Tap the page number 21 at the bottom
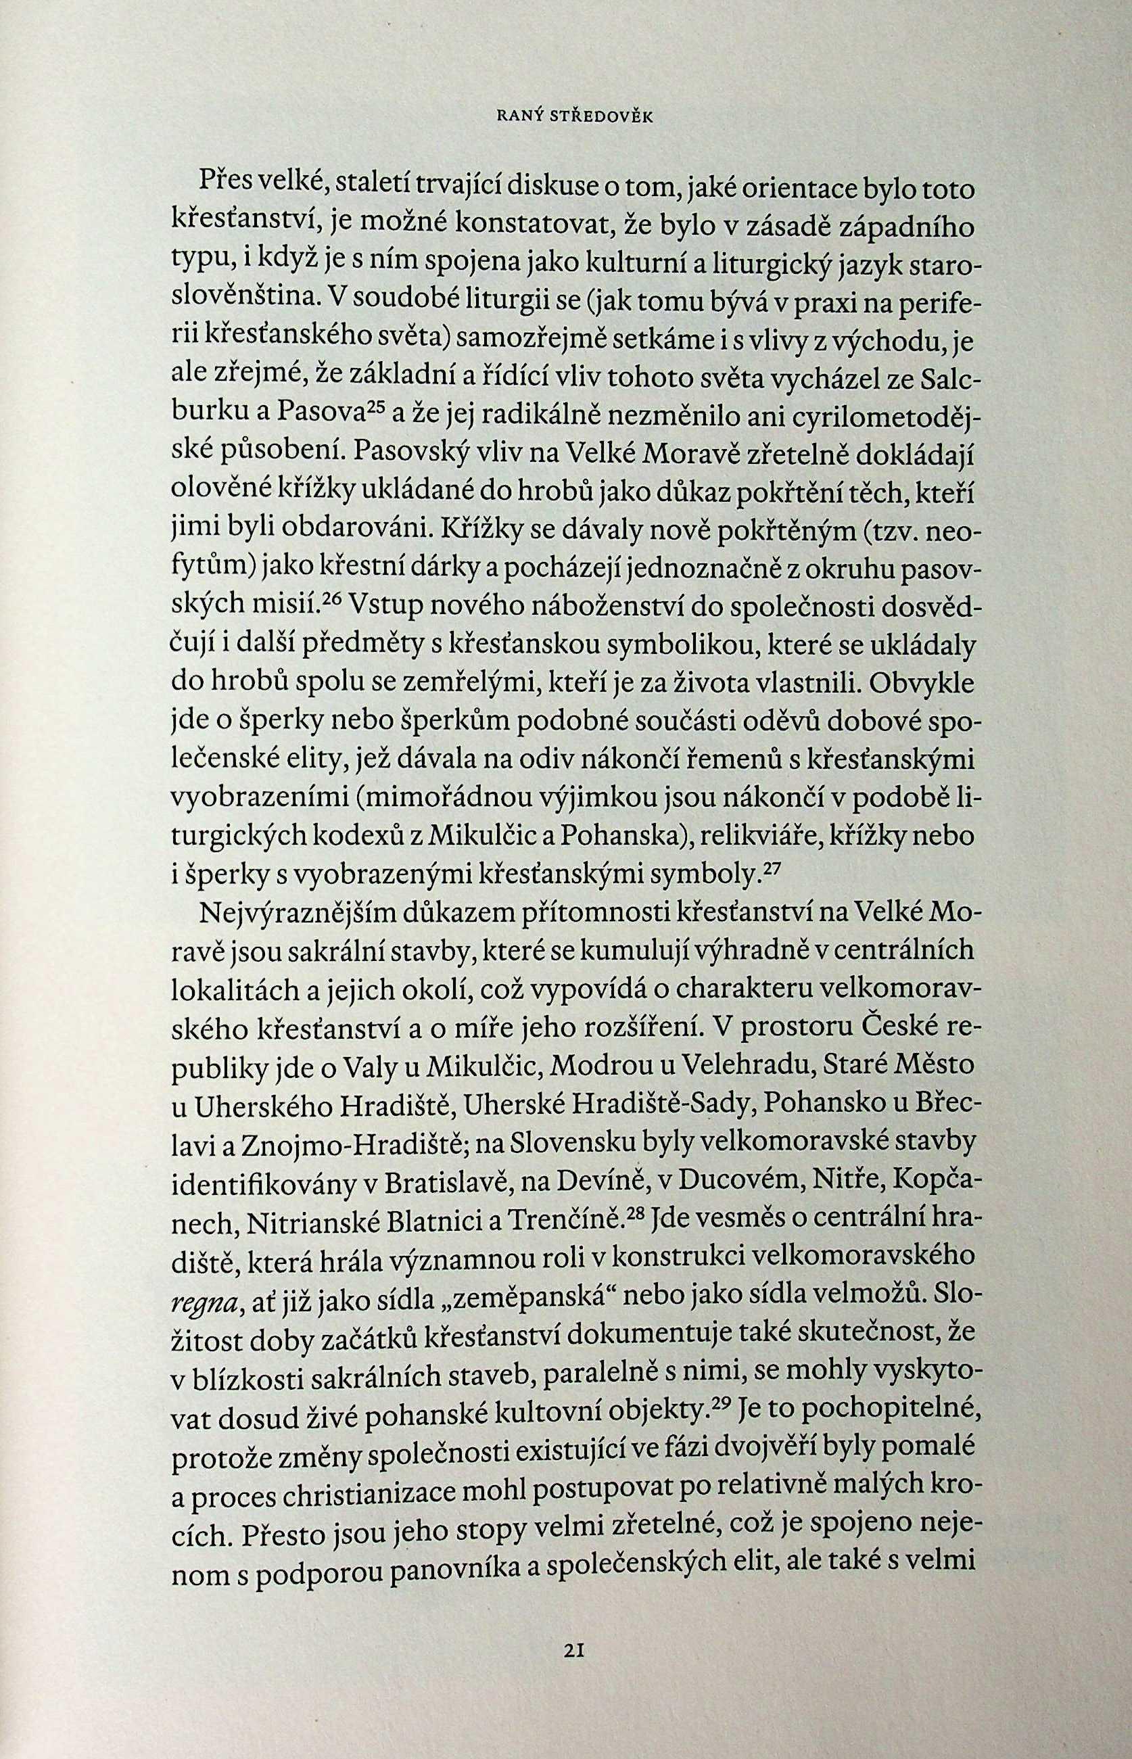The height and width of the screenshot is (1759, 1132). click(x=573, y=1648)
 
